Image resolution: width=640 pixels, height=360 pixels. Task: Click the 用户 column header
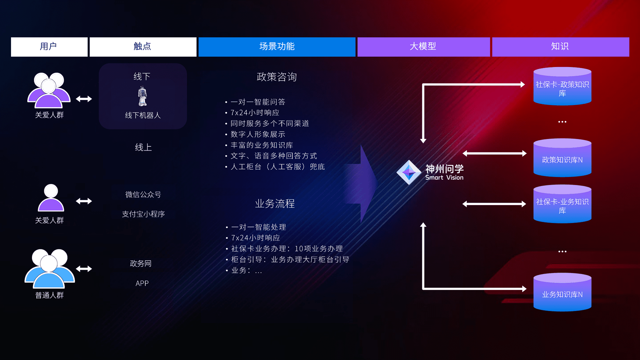click(49, 47)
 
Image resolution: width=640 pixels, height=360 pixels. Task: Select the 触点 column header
click(143, 47)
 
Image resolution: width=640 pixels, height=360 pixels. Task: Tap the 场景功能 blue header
click(277, 47)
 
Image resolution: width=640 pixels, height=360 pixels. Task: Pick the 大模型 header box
click(423, 47)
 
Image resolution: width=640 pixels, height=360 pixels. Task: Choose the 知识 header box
click(560, 47)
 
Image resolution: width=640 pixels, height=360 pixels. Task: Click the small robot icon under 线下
click(143, 96)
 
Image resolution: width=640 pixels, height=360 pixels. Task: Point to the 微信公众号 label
click(143, 195)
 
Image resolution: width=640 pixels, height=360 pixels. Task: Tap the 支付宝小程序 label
click(143, 214)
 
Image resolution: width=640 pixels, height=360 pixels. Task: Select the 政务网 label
click(141, 264)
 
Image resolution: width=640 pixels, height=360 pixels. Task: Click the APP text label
click(142, 283)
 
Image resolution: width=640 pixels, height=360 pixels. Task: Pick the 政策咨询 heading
click(277, 77)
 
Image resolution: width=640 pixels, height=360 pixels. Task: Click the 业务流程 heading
click(275, 204)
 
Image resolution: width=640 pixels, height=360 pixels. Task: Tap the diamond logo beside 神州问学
click(409, 172)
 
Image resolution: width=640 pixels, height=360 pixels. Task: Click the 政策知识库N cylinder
click(562, 158)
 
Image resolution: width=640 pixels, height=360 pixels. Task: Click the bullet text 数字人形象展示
click(258, 134)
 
